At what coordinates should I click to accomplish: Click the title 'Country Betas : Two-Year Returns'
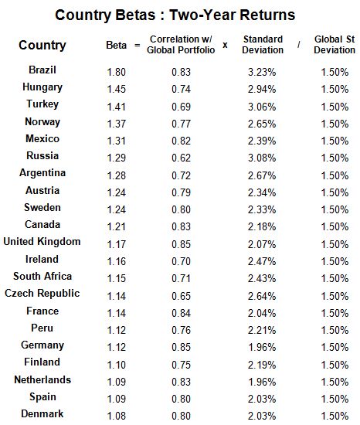175,15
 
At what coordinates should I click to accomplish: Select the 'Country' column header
42,45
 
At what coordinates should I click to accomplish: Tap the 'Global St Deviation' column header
335,44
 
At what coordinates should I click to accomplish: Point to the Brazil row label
42,70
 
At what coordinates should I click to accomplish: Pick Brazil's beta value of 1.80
116,71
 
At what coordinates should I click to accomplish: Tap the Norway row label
42,122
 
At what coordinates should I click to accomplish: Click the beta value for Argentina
116,175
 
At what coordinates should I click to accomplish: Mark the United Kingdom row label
42,242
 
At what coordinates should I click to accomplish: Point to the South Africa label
42,277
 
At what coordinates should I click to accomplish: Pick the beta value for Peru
116,330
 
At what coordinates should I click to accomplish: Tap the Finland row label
42,362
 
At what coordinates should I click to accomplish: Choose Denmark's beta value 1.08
116,416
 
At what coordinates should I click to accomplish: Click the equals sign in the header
138,45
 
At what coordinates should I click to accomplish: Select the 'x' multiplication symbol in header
225,45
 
